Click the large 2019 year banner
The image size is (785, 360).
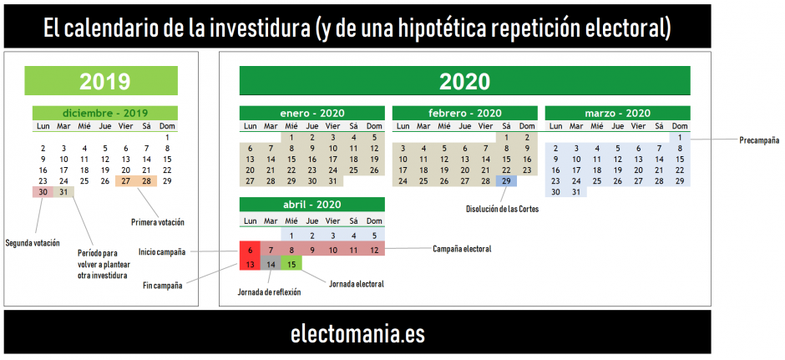[101, 81]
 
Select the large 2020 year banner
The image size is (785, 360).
[464, 81]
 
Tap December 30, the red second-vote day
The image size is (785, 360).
[43, 192]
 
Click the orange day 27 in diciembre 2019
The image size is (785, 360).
[125, 180]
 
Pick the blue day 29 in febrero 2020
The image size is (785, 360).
[506, 180]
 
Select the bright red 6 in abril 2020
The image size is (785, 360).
[250, 249]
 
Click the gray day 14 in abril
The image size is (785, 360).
[271, 263]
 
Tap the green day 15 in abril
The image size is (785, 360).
[291, 263]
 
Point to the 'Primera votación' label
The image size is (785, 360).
[158, 222]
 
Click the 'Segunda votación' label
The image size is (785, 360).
[33, 243]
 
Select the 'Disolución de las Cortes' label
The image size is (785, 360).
[502, 210]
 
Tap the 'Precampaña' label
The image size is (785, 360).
[759, 140]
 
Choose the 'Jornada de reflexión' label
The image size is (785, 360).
[270, 292]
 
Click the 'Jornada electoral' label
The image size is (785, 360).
[357, 284]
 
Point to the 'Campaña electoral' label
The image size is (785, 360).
[462, 249]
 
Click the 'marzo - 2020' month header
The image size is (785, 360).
[617, 113]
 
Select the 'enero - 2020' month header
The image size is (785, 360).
[311, 113]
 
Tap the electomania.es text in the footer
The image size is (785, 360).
[357, 334]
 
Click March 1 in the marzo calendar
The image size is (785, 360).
[680, 137]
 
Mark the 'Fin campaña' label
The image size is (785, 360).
[162, 286]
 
